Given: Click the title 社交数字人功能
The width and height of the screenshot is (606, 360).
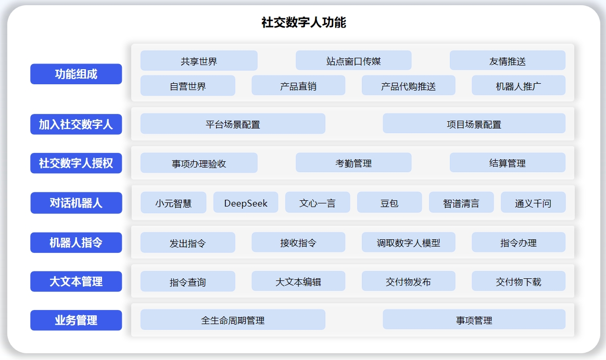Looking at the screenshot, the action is coord(304,22).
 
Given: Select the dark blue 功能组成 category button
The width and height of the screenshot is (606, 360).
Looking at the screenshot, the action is coord(76,74).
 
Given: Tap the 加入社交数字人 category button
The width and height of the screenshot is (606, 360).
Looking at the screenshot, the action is coord(76,124).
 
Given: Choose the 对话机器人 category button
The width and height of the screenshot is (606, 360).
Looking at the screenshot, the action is coord(76,203).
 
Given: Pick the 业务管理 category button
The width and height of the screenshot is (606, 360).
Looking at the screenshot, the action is coord(76,320).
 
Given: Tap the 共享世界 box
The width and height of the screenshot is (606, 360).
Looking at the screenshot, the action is coord(199,61).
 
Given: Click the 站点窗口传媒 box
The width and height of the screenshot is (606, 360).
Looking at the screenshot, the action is coord(353,61).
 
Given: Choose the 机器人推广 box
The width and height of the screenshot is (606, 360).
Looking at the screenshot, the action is coord(519,85).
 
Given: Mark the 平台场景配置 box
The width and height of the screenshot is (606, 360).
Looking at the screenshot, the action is coord(233,124).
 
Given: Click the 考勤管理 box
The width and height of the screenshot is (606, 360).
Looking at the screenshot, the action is coord(353,163).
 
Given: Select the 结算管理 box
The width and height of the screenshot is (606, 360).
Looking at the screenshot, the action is coord(508,163).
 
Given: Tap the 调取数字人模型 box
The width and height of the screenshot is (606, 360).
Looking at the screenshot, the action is coord(409,242).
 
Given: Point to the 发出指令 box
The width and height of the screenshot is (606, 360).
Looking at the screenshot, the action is coord(188,242).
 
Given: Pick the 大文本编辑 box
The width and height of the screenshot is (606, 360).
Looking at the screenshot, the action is coord(298,281).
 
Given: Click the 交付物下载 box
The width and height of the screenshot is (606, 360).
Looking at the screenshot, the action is coord(519,281).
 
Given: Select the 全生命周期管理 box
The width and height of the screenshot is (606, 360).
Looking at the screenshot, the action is coord(233,320).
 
